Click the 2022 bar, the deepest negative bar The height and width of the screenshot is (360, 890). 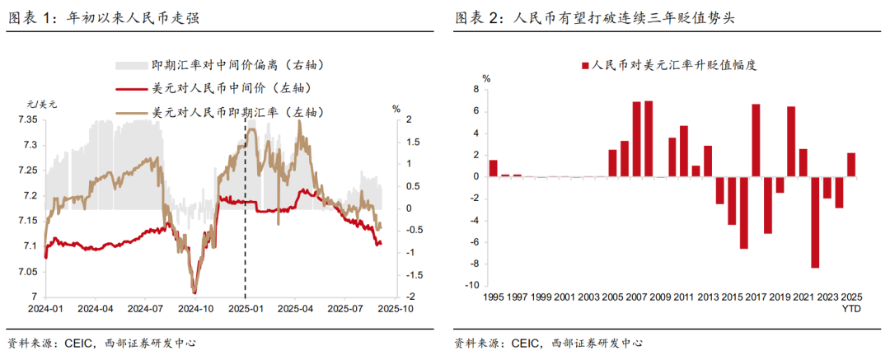(815, 222)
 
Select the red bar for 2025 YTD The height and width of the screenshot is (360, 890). (851, 165)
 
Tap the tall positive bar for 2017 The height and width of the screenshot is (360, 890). (755, 140)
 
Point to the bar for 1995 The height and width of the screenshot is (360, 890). (493, 168)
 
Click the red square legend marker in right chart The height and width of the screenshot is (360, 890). (585, 66)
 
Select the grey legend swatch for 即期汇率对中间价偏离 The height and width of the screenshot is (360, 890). (130, 64)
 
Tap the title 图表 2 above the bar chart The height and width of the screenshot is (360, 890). (593, 17)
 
